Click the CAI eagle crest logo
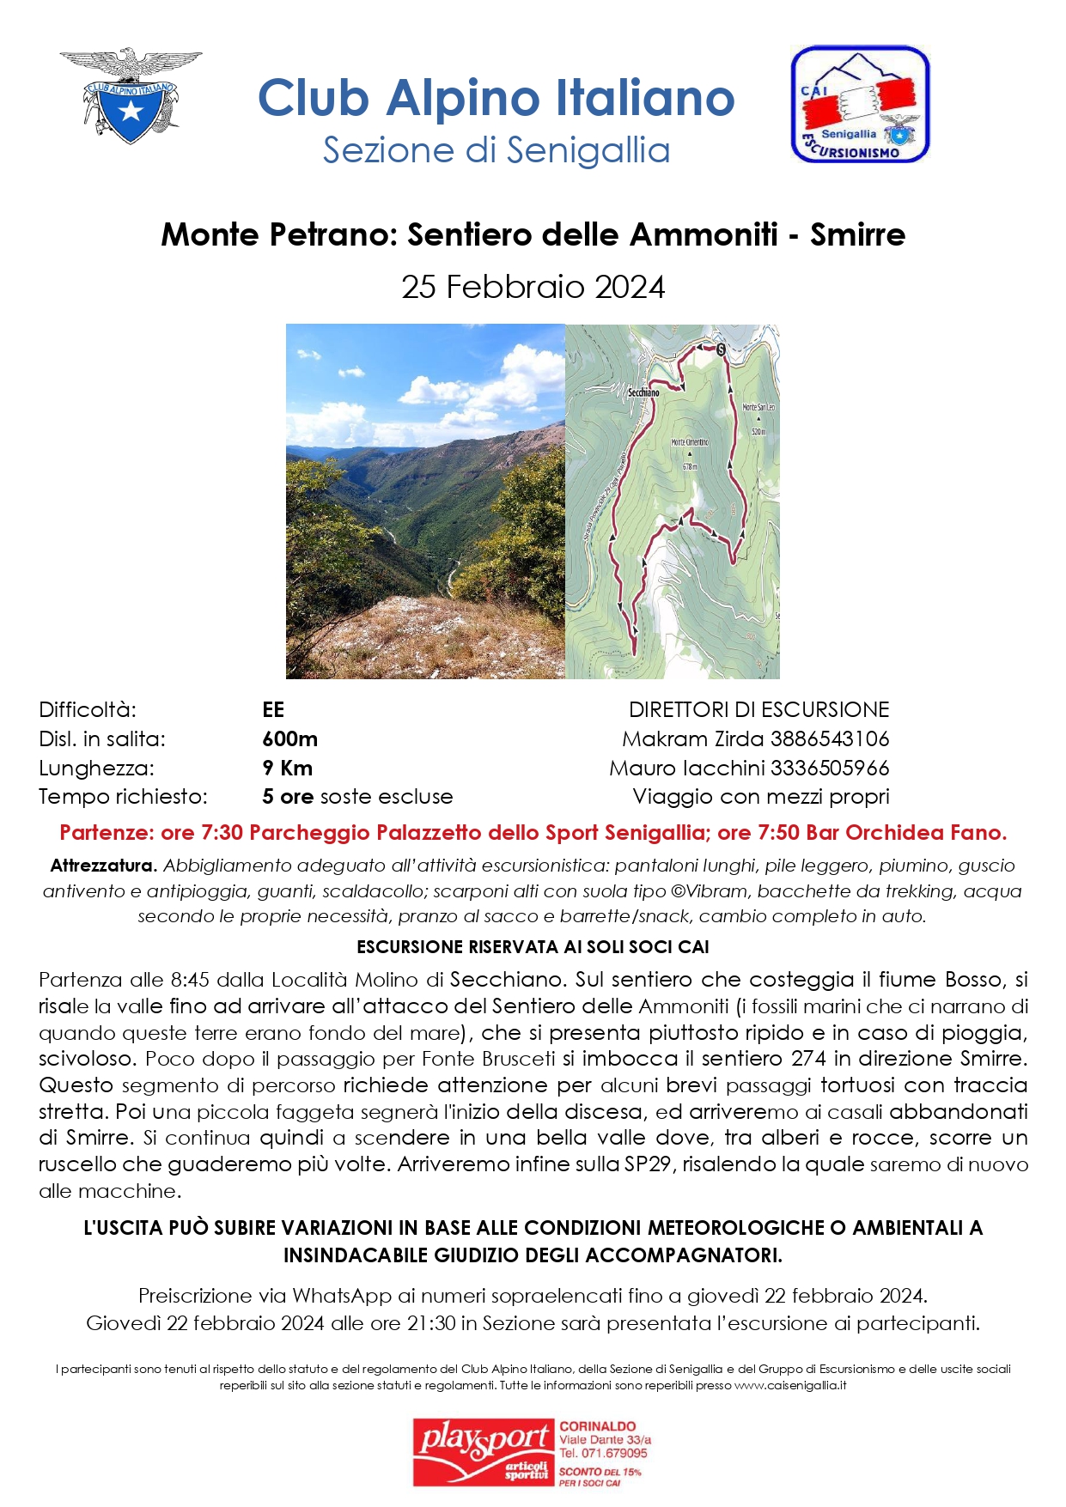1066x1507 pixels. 131,95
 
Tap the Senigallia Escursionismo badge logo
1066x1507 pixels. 859,105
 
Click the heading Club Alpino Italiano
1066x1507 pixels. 496,98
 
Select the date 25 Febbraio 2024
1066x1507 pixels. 533,287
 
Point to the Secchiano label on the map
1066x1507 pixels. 643,392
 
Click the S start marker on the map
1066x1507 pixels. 721,349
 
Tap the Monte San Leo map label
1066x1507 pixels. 758,407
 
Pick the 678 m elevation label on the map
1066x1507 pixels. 690,466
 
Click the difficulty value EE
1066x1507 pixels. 273,710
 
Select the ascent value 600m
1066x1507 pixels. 290,739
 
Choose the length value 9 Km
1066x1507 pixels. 288,769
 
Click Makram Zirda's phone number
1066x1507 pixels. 829,739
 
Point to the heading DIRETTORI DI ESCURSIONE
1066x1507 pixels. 758,710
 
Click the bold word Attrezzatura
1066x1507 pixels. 104,866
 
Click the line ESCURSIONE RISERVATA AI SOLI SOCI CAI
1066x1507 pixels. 533,947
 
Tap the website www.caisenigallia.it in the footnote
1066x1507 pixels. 790,1385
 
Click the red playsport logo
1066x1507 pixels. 483,1452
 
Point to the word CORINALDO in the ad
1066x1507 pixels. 598,1426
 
